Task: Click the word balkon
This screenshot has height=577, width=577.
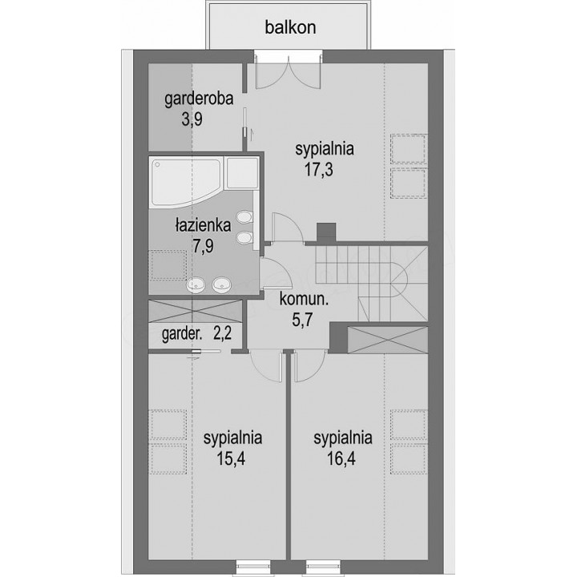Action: click(x=290, y=27)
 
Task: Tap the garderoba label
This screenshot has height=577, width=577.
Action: click(x=199, y=99)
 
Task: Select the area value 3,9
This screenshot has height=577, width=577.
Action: click(x=192, y=119)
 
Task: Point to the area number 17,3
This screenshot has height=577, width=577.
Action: click(x=319, y=170)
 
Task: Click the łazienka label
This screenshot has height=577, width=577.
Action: click(x=203, y=225)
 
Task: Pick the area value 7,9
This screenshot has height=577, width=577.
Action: click(x=203, y=245)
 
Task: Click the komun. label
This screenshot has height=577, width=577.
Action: click(x=304, y=299)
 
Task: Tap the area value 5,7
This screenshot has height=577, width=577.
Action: click(x=302, y=320)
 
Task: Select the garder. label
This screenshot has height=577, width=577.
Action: click(x=182, y=334)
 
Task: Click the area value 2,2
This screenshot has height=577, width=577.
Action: click(x=222, y=333)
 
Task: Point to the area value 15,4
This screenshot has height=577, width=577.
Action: click(x=231, y=458)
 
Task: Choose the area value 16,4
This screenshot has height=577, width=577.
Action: click(x=341, y=458)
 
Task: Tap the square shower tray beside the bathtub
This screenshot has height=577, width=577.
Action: click(x=242, y=173)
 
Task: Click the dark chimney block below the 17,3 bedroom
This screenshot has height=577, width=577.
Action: click(x=326, y=232)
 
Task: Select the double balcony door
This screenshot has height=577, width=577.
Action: click(x=288, y=72)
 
